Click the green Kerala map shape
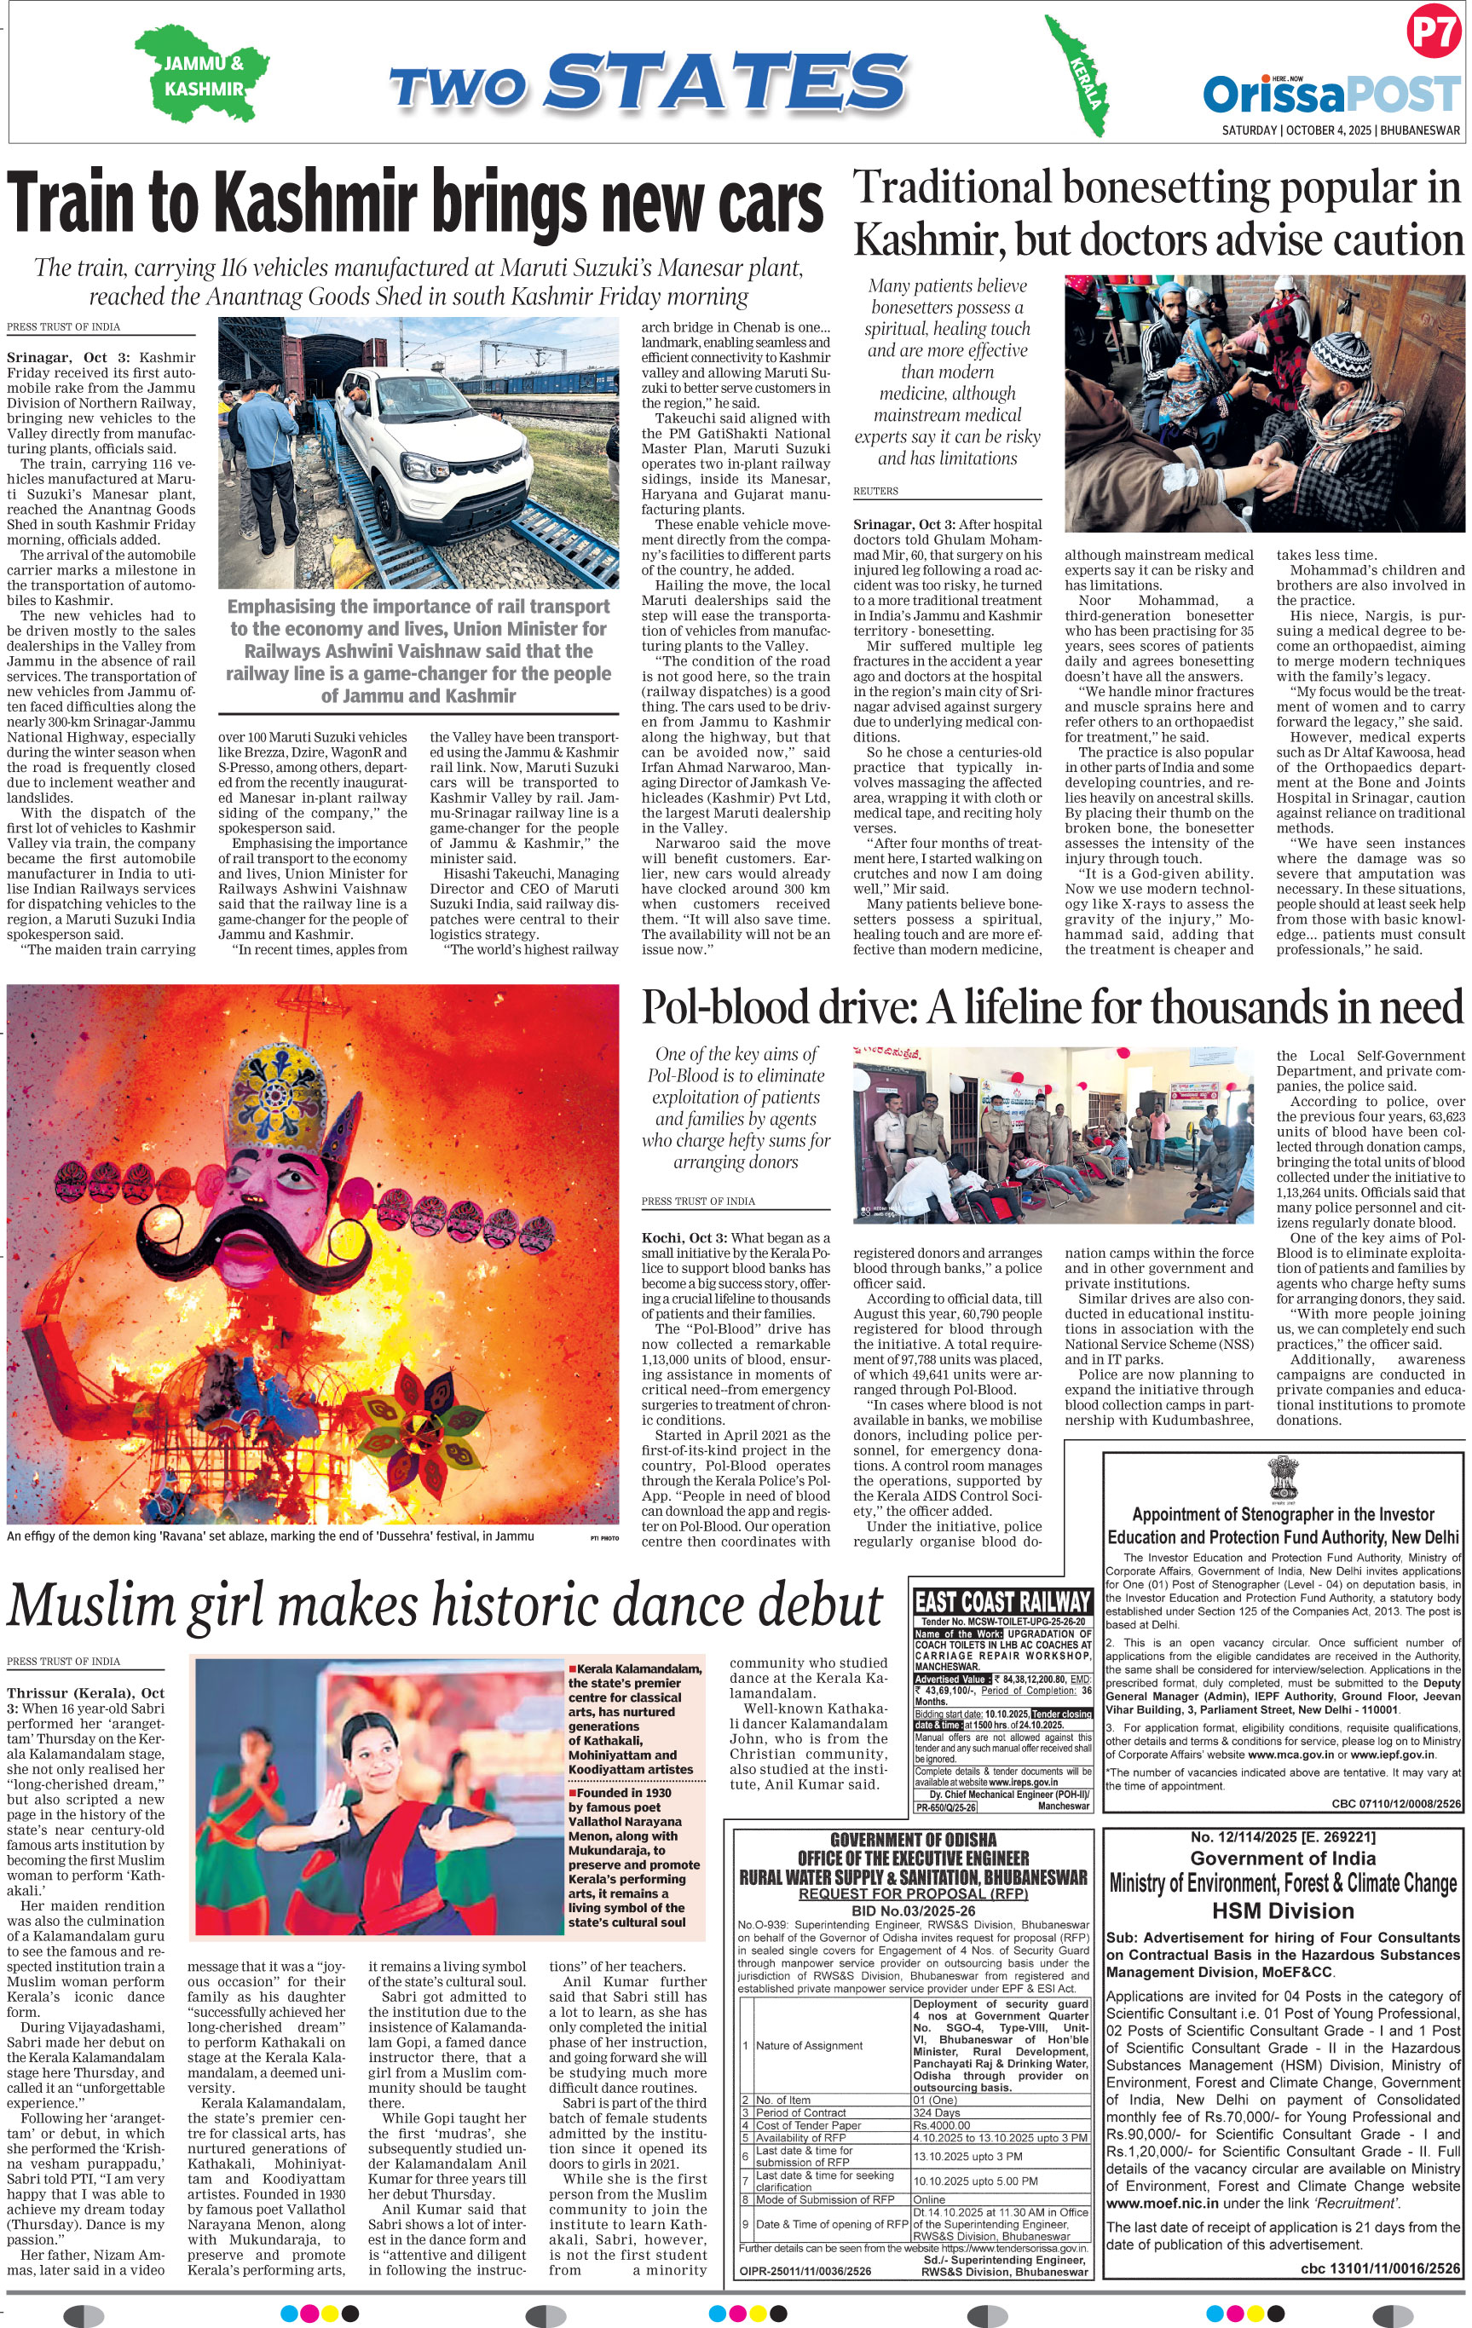point(1077,78)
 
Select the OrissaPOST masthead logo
point(1331,95)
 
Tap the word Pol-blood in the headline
point(728,1007)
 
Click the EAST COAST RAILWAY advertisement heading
point(1002,1601)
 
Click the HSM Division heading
point(1283,1911)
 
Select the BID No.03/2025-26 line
point(912,1910)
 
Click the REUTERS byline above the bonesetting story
point(875,491)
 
